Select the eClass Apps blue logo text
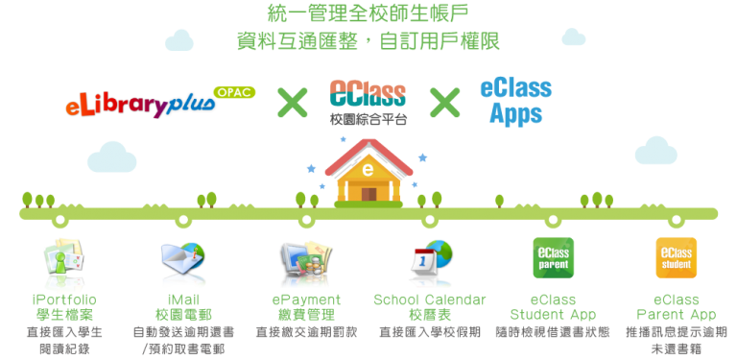pyautogui.click(x=515, y=101)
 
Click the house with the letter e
pyautogui.click(x=368, y=173)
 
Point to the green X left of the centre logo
pyautogui.click(x=292, y=102)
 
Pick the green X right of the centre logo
pyautogui.click(x=444, y=102)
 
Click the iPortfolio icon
pyautogui.click(x=64, y=260)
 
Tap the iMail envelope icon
pyautogui.click(x=183, y=260)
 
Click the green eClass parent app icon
pyautogui.click(x=553, y=258)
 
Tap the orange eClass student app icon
pyautogui.click(x=676, y=258)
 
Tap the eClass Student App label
pyautogui.click(x=553, y=307)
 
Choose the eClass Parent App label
pyautogui.click(x=677, y=307)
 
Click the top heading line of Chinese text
pyautogui.click(x=368, y=14)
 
